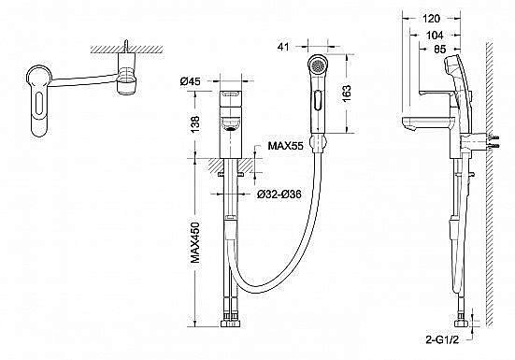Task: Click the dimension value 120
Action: coord(431,19)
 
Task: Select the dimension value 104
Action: coord(435,35)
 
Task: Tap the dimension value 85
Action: coord(440,49)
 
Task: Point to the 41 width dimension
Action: coord(283,47)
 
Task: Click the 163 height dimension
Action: coord(346,94)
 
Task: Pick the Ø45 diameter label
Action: coord(190,81)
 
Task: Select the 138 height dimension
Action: coord(195,123)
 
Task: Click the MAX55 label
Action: coord(285,145)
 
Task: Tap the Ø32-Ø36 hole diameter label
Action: coord(279,194)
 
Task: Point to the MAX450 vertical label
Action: coord(195,243)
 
